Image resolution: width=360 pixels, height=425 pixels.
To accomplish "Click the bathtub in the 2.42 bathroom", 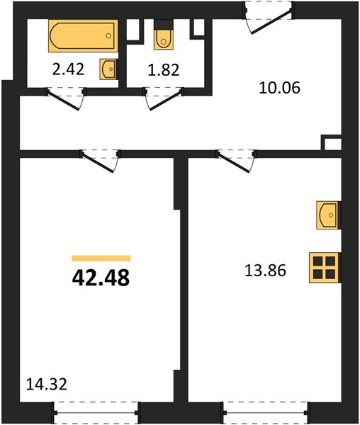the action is [x=83, y=35].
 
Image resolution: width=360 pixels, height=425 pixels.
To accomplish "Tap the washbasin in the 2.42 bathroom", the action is [x=108, y=69].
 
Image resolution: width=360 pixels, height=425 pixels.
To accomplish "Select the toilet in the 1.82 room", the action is [x=164, y=39].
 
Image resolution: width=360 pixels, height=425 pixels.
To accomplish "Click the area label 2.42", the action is [x=68, y=69].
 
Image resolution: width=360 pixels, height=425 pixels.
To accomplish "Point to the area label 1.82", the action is [x=164, y=70].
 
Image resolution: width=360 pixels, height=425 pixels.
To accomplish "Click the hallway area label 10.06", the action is [x=279, y=88].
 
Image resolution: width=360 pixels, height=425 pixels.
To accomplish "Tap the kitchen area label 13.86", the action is [x=265, y=271].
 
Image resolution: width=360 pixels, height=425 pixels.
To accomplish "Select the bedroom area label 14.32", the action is [x=47, y=385].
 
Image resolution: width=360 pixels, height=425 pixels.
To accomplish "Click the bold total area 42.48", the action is [x=101, y=278].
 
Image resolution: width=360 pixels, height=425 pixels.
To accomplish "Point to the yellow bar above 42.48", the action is [x=101, y=259].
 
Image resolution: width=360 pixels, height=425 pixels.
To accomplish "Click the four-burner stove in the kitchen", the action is [x=325, y=268].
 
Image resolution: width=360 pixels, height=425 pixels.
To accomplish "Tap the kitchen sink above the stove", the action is [x=327, y=215].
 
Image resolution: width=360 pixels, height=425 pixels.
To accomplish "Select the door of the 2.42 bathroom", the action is [x=64, y=99].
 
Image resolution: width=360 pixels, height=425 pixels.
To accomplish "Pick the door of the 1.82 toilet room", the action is [x=165, y=101].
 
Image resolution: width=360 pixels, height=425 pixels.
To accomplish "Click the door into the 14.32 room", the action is [x=98, y=162].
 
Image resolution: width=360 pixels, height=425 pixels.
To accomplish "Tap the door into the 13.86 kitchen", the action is [x=234, y=162].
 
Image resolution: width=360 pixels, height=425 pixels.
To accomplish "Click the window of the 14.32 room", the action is [x=96, y=412].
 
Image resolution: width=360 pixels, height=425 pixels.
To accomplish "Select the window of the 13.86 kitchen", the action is [x=265, y=412].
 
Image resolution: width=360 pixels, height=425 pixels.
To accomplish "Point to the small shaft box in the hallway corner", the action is [x=331, y=142].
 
